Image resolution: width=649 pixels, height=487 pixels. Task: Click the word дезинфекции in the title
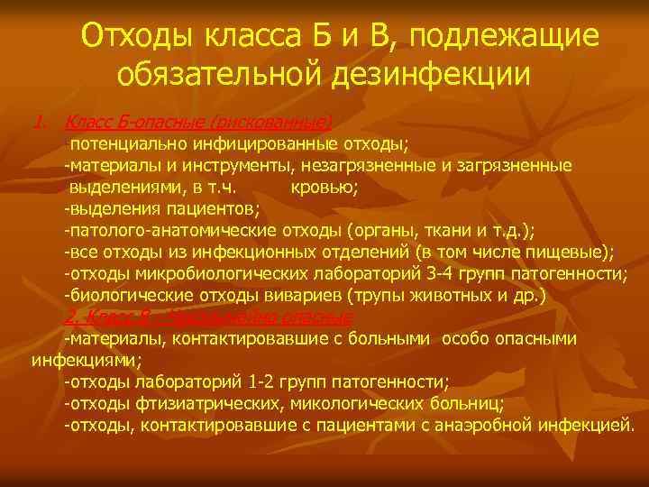437,73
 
